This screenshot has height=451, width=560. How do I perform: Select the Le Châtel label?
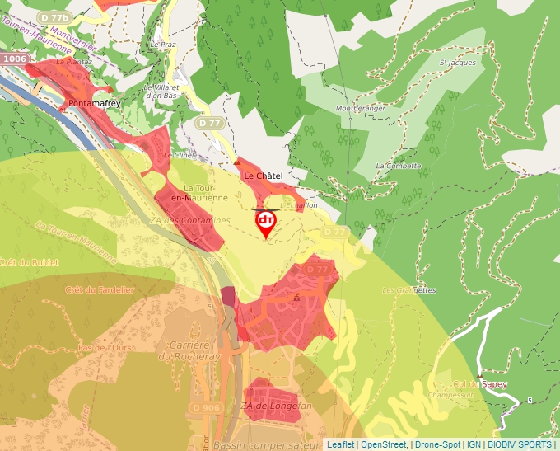click(263, 176)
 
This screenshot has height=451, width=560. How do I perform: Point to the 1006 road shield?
click(14, 59)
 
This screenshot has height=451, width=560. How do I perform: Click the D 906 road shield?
click(206, 407)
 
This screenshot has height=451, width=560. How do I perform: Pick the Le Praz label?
click(163, 45)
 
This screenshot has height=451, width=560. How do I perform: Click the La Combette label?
click(398, 166)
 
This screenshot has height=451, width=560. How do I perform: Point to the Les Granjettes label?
click(408, 290)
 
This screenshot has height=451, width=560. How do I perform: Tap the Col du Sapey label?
click(480, 384)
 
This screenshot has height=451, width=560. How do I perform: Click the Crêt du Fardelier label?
click(99, 289)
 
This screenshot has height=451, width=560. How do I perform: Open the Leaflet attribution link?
click(340, 444)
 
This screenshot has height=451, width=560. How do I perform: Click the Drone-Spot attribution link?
click(437, 444)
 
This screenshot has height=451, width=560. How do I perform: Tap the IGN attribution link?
click(474, 444)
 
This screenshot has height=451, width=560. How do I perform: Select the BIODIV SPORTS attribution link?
click(520, 444)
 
